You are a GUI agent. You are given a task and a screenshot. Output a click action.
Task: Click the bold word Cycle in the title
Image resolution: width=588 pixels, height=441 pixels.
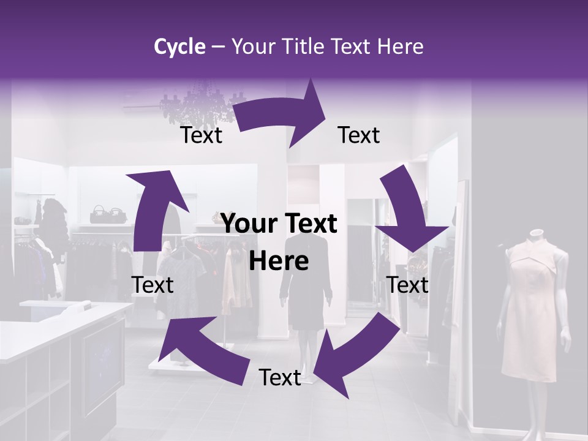(x=179, y=47)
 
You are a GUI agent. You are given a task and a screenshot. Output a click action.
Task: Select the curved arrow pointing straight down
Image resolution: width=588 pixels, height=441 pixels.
(x=409, y=214)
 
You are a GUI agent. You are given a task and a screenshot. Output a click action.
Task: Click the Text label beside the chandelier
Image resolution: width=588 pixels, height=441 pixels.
(x=201, y=135)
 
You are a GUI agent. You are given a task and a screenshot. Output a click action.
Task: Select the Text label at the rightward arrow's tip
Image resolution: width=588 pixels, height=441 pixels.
(x=359, y=135)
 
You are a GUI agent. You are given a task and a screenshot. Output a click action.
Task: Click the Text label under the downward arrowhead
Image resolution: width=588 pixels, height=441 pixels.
(x=408, y=285)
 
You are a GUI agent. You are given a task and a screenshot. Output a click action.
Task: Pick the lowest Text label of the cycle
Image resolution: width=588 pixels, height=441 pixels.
(x=280, y=378)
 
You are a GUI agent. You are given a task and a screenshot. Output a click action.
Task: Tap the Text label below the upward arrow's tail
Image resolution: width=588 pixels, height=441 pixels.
(x=153, y=285)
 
